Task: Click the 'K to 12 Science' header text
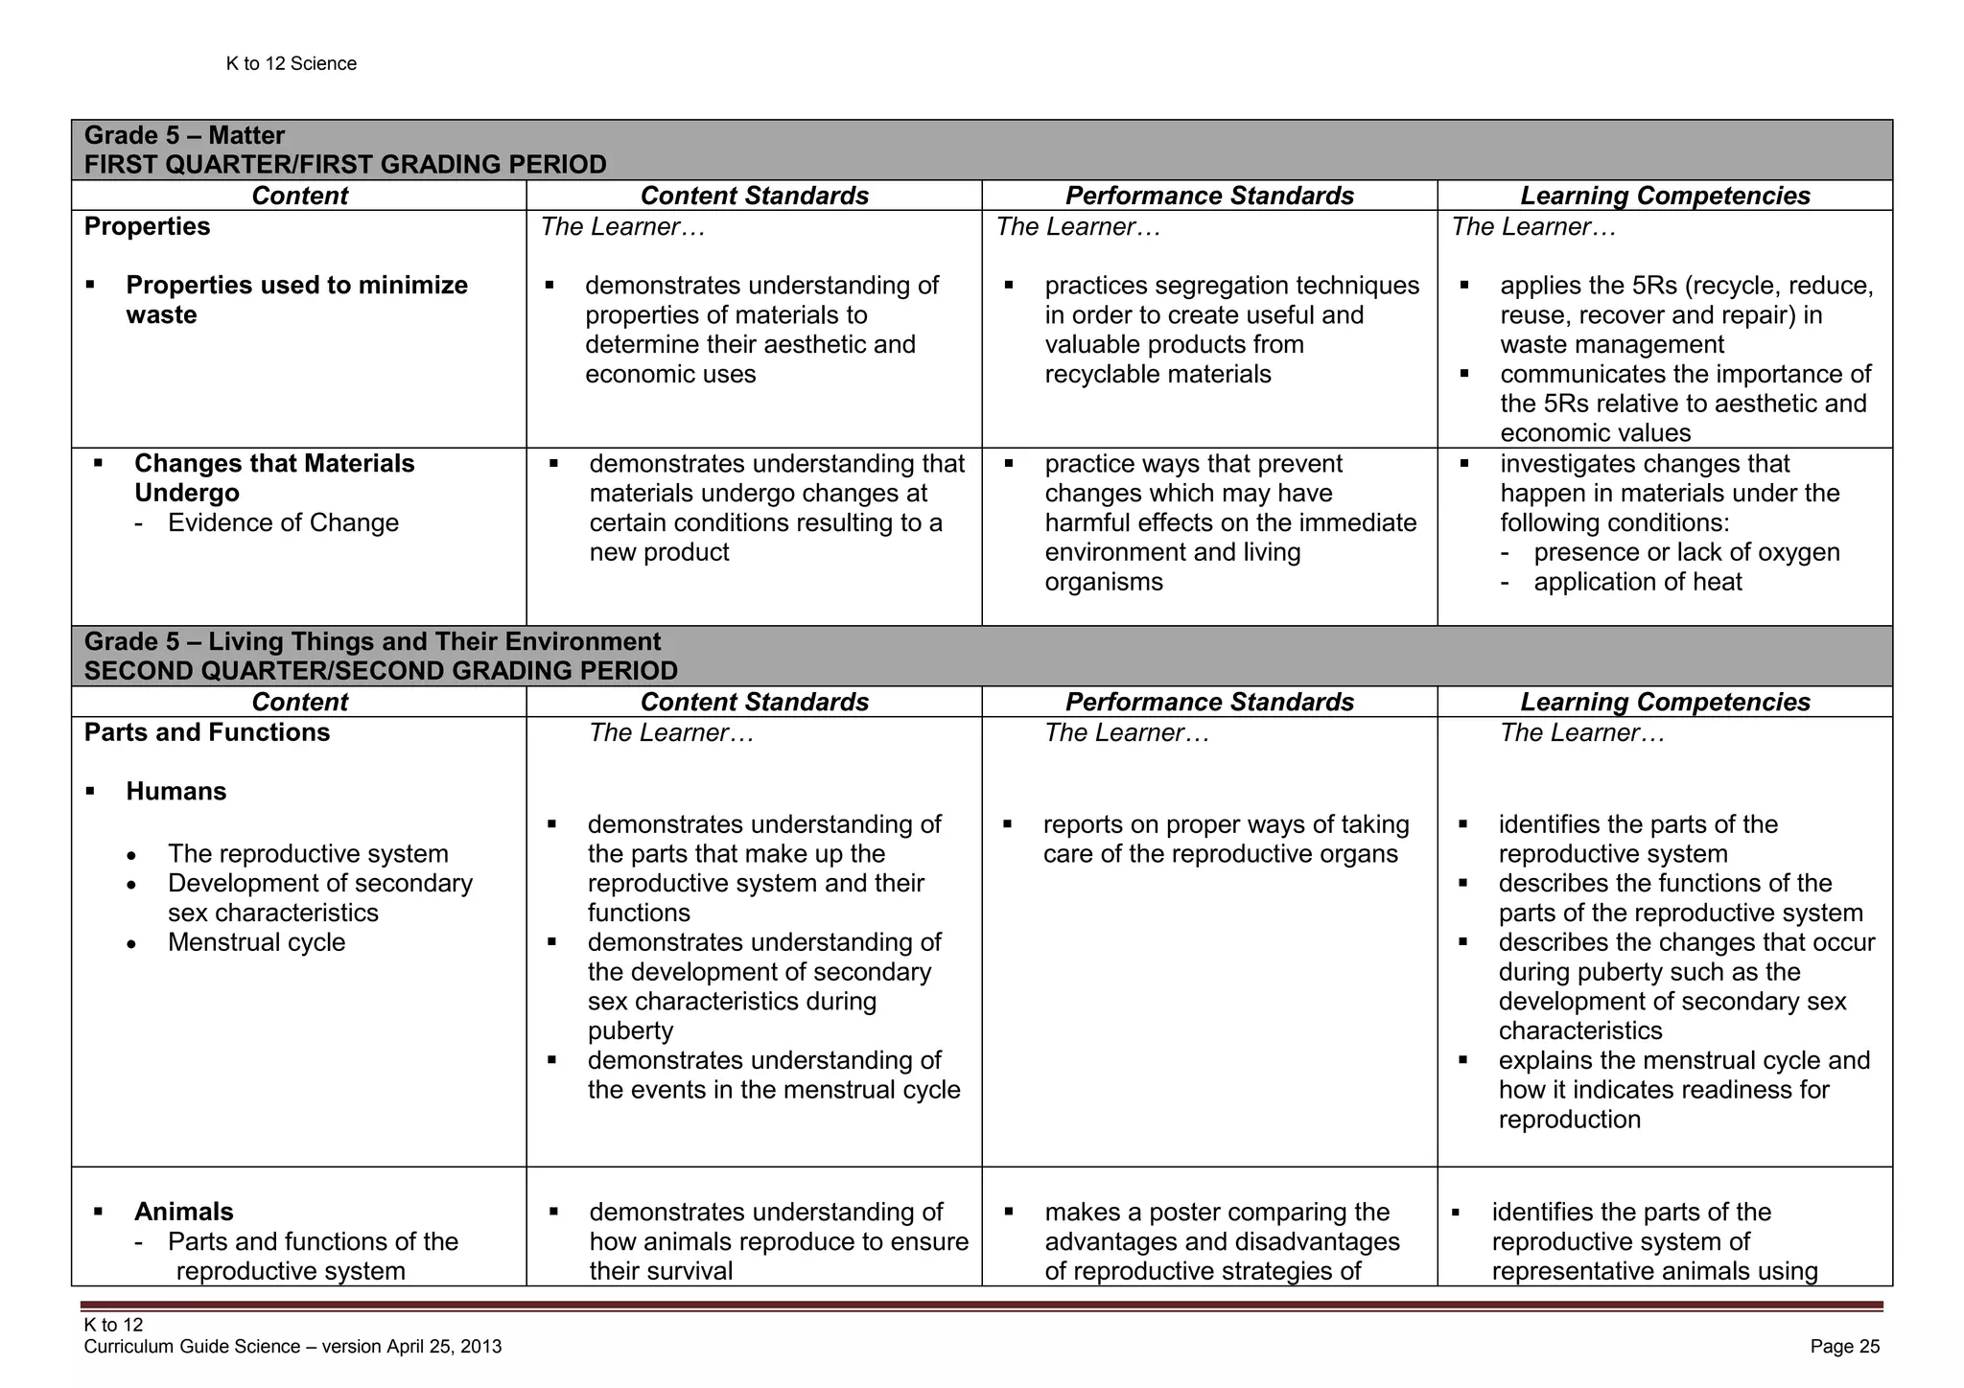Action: [x=291, y=63]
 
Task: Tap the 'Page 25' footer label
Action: [x=1844, y=1347]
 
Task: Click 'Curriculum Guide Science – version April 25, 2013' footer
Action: [x=292, y=1347]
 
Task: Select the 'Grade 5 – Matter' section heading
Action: [x=184, y=135]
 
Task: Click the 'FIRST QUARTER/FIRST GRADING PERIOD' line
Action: [x=345, y=165]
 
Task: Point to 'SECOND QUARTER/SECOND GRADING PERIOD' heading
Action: [x=381, y=671]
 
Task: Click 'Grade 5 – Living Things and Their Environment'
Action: [x=372, y=641]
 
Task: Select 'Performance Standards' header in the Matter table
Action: [x=1209, y=196]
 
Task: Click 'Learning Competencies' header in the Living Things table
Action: [x=1665, y=702]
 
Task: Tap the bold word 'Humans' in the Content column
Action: [x=176, y=792]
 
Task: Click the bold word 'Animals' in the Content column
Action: [x=184, y=1212]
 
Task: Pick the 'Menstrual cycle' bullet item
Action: [x=256, y=942]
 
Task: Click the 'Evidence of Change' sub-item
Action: [x=283, y=523]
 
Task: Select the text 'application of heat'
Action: [x=1638, y=582]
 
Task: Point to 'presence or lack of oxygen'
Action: [x=1686, y=552]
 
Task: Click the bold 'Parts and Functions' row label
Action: [x=207, y=732]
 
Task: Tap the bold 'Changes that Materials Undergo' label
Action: [x=274, y=478]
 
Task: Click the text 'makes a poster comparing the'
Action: [x=1216, y=1212]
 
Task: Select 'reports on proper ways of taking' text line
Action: [x=1226, y=824]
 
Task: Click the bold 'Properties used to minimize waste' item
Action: [x=296, y=299]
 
